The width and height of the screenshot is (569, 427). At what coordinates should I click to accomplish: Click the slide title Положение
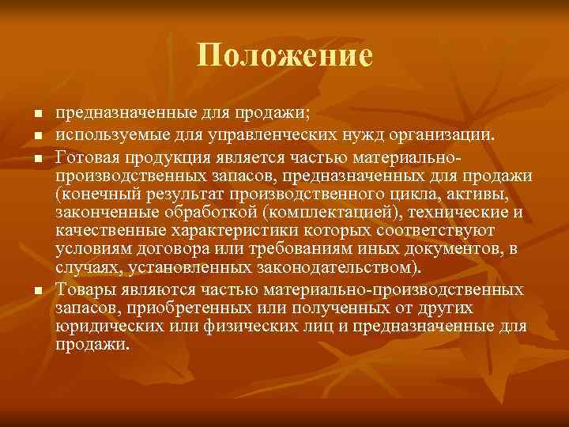284,55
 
